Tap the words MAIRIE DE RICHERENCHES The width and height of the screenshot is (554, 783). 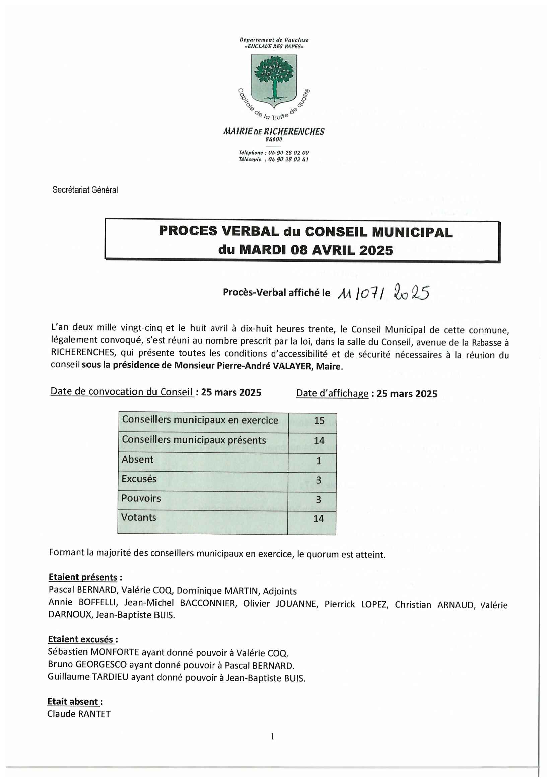[274, 132]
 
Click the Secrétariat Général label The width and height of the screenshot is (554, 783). [85, 190]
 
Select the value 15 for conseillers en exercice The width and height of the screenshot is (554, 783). [319, 420]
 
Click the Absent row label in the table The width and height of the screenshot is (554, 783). [137, 460]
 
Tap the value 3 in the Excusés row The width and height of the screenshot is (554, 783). [319, 480]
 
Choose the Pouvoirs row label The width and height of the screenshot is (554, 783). [141, 498]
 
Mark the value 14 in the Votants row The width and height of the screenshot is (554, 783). [318, 519]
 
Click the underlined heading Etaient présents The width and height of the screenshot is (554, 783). [83, 577]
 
